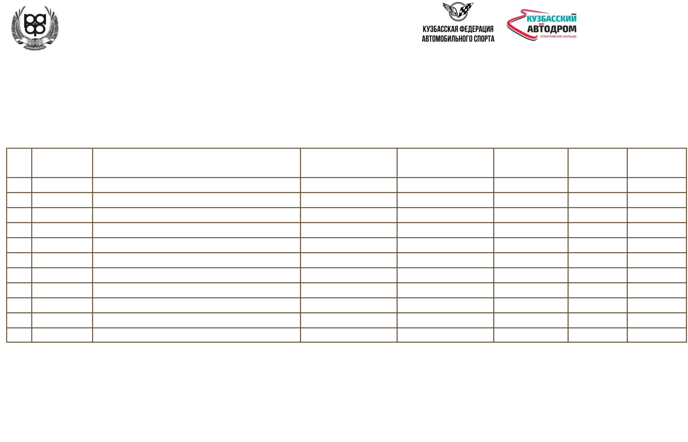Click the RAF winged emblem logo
click(x=35, y=27)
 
